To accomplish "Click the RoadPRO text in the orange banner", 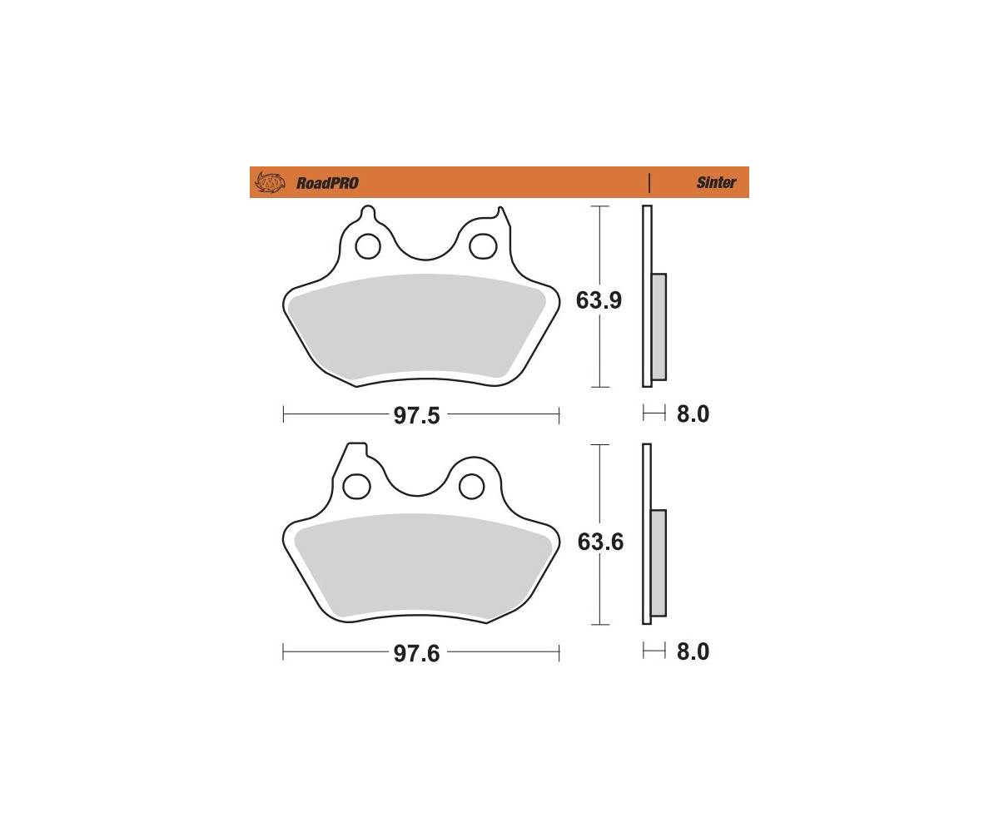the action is pyautogui.click(x=327, y=183).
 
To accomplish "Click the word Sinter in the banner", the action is pyautogui.click(x=716, y=182).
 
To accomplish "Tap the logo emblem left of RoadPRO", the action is pyautogui.click(x=270, y=182).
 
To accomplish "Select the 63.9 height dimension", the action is pyautogui.click(x=599, y=300).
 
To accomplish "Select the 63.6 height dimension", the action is pyautogui.click(x=600, y=542).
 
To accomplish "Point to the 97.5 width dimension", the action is pyautogui.click(x=416, y=415).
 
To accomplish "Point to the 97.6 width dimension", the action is pyautogui.click(x=416, y=653).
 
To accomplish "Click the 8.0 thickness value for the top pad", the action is pyautogui.click(x=693, y=414).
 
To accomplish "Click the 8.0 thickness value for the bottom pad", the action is pyautogui.click(x=693, y=651).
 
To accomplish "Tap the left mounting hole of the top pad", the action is pyautogui.click(x=368, y=247).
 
